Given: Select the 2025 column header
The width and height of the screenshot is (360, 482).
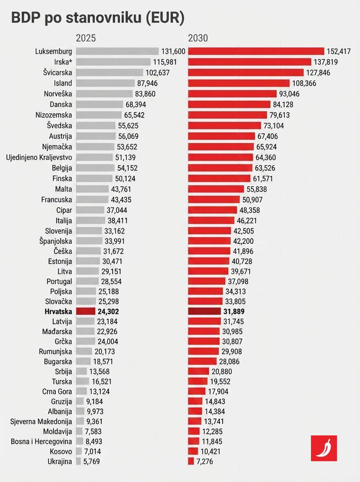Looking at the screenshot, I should pyautogui.click(x=86, y=38).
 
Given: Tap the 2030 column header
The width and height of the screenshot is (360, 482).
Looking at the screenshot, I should pyautogui.click(x=198, y=38).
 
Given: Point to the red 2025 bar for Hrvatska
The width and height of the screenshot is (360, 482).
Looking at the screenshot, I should pyautogui.click(x=86, y=311).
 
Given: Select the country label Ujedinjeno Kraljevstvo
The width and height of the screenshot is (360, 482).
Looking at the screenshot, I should pyautogui.click(x=39, y=157).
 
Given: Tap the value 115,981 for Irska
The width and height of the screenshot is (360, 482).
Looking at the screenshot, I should pyautogui.click(x=164, y=62).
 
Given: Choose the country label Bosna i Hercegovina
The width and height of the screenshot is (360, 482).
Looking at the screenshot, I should pyautogui.click(x=41, y=442).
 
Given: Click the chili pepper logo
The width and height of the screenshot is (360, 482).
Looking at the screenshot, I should pyautogui.click(x=324, y=448).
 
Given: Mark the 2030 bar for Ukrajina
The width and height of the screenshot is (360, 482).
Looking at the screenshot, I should pyautogui.click(x=191, y=461).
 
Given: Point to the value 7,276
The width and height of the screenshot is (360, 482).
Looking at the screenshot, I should pyautogui.click(x=206, y=461).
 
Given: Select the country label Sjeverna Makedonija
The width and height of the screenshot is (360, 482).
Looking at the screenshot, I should pyautogui.click(x=41, y=421).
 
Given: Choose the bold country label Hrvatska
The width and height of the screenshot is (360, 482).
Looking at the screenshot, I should pyautogui.click(x=58, y=311).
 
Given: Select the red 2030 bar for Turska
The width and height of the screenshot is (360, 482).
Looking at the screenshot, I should pyautogui.click(x=198, y=381).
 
